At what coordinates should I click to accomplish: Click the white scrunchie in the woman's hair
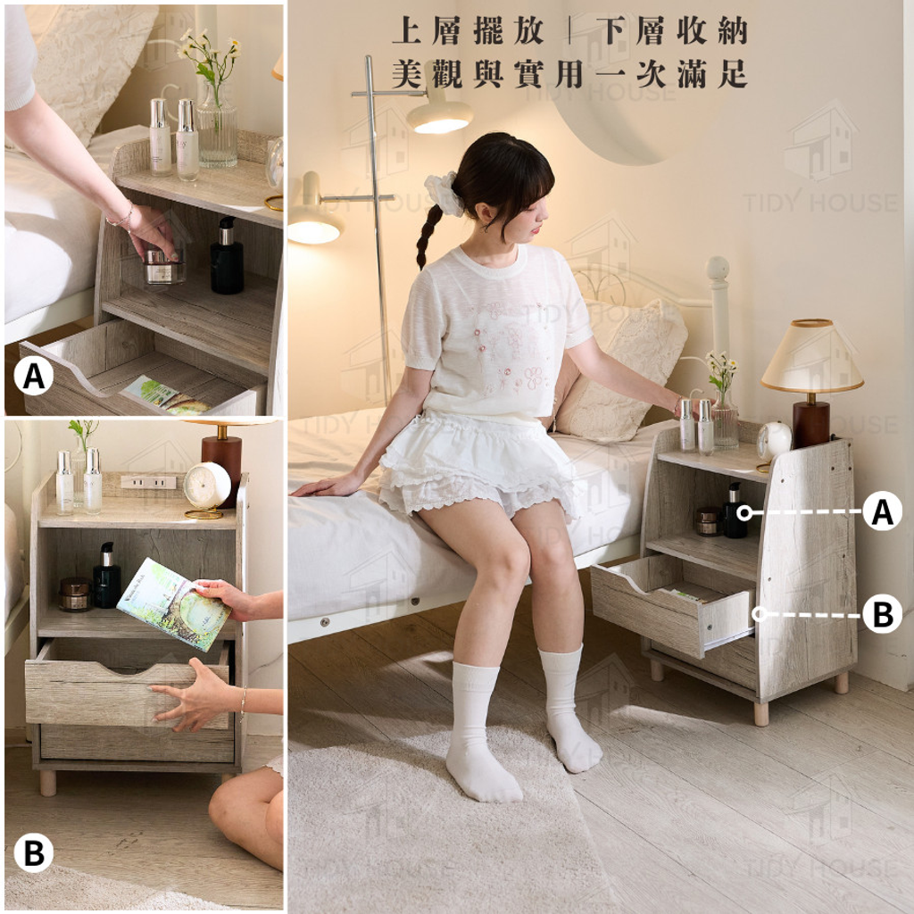pos(442,193)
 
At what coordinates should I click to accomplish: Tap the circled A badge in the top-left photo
pos(34,376)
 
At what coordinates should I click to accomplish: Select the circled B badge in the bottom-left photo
pos(34,852)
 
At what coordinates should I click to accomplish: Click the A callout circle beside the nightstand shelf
pos(882,511)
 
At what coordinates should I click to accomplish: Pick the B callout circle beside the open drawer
pos(882,614)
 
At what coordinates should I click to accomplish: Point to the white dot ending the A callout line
pos(744,513)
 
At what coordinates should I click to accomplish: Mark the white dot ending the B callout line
pos(759,614)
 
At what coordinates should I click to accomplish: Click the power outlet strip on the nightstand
pos(148,482)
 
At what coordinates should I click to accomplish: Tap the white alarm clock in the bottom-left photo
pos(207,486)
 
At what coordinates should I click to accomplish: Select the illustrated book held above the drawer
pos(175,604)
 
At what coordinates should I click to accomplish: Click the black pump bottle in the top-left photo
pos(227,256)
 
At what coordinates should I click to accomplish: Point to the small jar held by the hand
pos(164,268)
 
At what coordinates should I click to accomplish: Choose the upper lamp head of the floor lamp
pos(439,115)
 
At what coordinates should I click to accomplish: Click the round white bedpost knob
pos(718,269)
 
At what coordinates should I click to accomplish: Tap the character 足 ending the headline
pos(731,74)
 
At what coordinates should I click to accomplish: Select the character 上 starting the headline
pos(407,31)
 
